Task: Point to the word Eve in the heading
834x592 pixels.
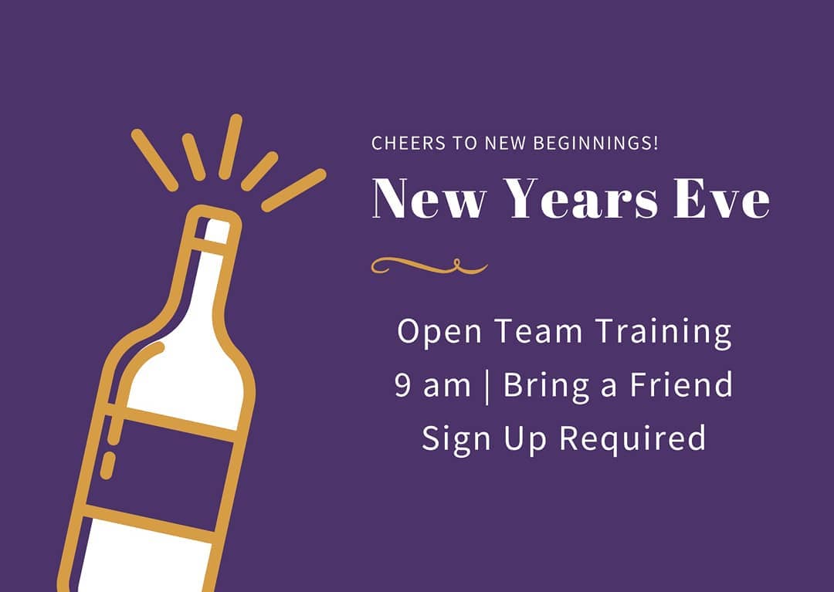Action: [x=722, y=198]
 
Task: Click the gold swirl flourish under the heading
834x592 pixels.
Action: [x=429, y=266]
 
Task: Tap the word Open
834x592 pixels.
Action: [x=439, y=333]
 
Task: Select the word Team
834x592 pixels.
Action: [x=538, y=331]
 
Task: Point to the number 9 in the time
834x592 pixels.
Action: [x=403, y=385]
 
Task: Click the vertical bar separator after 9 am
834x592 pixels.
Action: [x=487, y=387]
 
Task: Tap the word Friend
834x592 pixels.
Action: [x=681, y=384]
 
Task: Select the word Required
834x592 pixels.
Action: [x=632, y=439]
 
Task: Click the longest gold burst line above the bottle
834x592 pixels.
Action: [x=293, y=190]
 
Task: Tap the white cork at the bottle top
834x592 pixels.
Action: [x=216, y=232]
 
